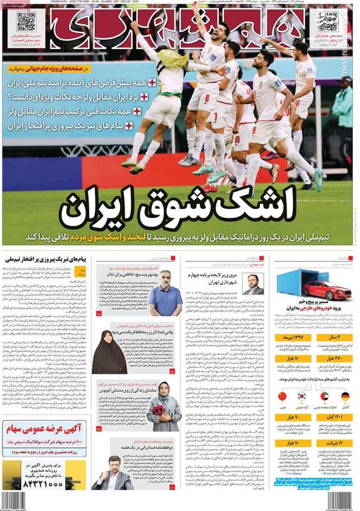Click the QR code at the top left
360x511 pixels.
(x=26, y=22)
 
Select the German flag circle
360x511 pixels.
(x=345, y=397)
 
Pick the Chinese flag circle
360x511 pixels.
(x=283, y=397)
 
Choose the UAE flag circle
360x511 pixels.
(x=324, y=397)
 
